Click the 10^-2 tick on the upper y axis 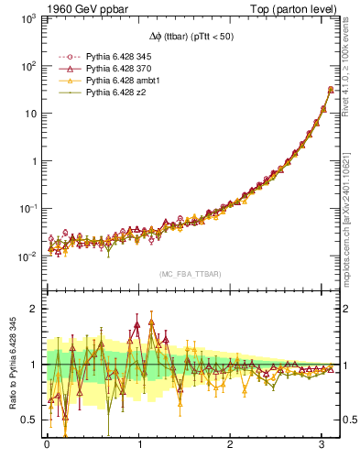[27, 256]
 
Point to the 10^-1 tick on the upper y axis [27, 209]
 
